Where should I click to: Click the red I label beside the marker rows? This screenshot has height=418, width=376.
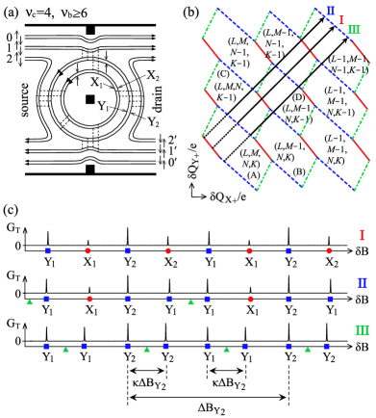[x=362, y=234]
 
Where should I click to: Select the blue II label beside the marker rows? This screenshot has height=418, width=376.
[x=362, y=283]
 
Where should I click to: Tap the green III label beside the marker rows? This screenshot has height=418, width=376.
[x=362, y=329]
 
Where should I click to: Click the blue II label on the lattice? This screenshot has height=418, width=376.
[x=331, y=11]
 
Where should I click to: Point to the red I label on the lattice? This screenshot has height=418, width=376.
[x=341, y=20]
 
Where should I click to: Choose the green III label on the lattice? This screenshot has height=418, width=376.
[x=354, y=30]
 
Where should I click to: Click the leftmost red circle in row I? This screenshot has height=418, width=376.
[x=88, y=250]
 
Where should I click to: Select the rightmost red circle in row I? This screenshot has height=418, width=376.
[x=329, y=250]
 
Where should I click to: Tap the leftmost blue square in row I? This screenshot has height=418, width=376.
[x=48, y=250]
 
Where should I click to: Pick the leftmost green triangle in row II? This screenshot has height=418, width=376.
[x=30, y=301]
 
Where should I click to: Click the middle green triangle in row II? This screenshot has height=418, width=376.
[x=190, y=301]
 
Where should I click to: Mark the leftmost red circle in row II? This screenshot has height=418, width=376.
[x=89, y=299]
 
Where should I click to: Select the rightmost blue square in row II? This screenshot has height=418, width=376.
[x=330, y=299]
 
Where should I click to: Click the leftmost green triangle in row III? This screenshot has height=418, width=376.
[x=65, y=350]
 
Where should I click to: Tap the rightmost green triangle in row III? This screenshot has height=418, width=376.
[x=308, y=350]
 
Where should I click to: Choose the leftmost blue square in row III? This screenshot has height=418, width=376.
[x=46, y=346]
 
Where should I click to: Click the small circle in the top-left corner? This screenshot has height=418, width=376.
[x=3, y=4]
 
